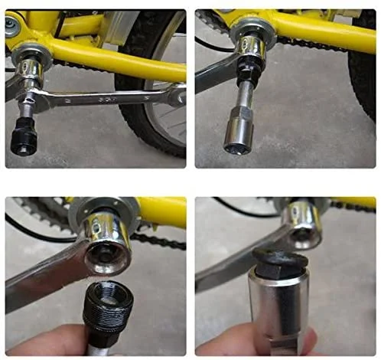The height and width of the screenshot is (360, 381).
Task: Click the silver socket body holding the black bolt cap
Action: pyautogui.click(x=281, y=314)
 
